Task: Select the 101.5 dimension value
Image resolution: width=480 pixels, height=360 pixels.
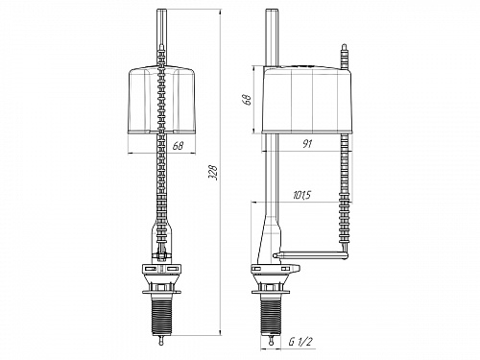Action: pyautogui.click(x=301, y=196)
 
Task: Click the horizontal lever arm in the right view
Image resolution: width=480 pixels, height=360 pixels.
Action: pyautogui.click(x=312, y=255)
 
